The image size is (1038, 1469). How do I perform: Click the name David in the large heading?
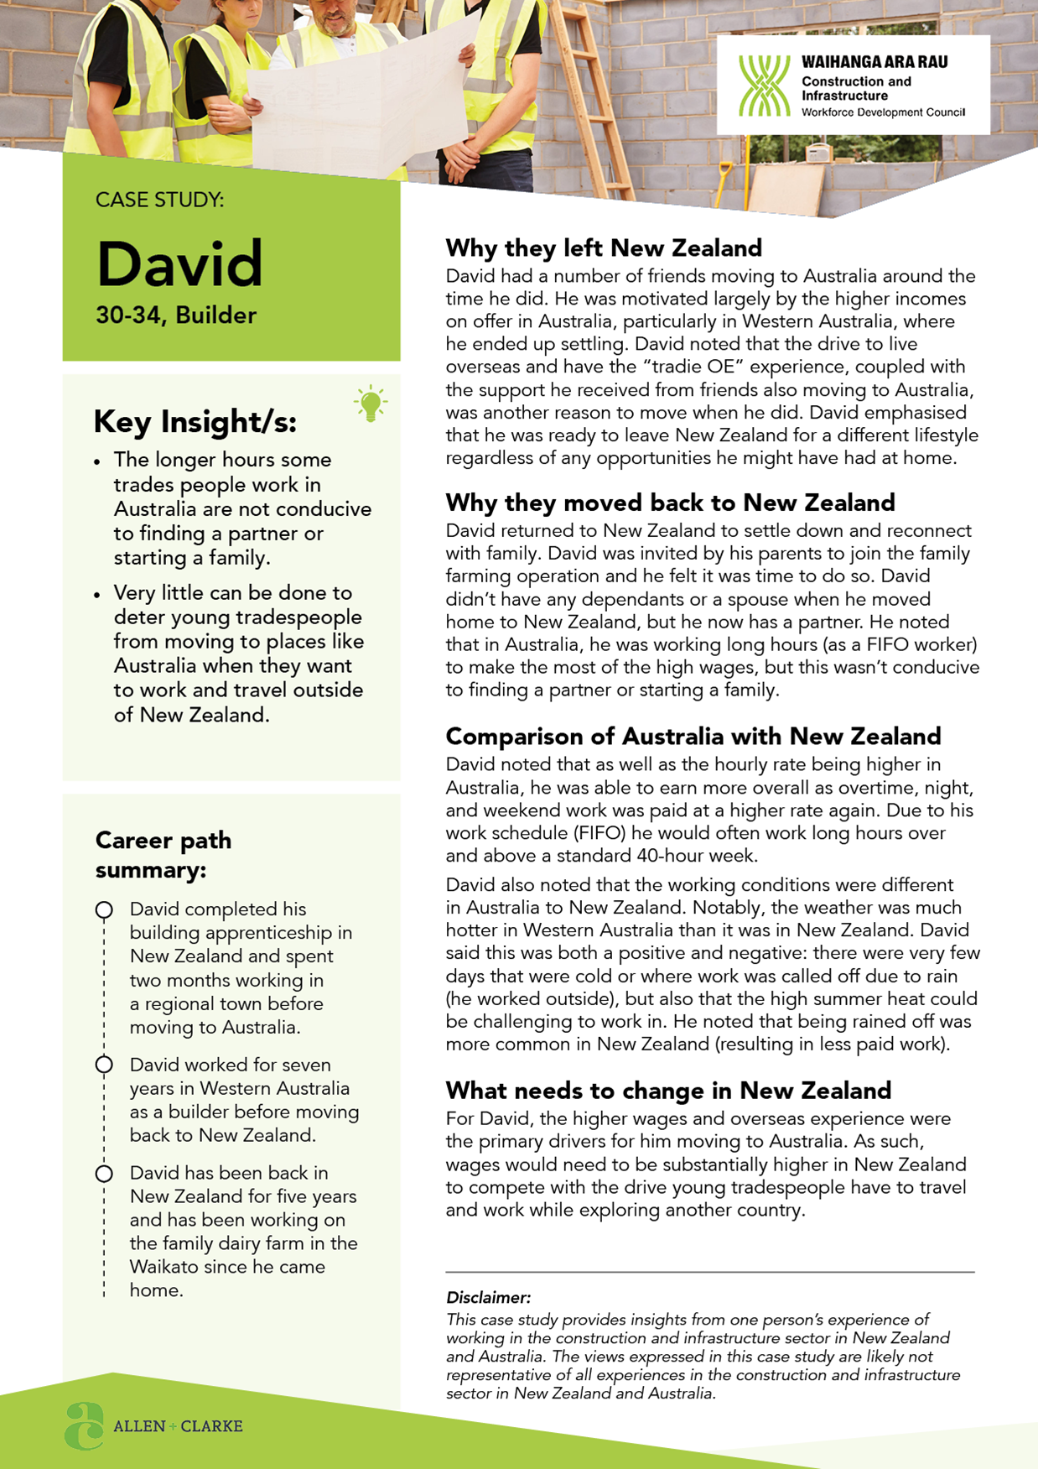pos(179,263)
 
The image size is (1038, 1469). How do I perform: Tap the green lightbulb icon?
pos(370,404)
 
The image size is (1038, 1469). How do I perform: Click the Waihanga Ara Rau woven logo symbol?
pos(764,86)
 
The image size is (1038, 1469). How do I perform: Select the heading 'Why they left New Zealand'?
pos(604,248)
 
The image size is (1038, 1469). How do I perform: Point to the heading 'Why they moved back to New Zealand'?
pos(670,503)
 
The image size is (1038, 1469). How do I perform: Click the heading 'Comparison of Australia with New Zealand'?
pos(693,736)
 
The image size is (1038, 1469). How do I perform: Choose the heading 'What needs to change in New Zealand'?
pos(668,1090)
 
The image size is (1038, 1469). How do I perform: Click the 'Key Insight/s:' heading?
pos(195,422)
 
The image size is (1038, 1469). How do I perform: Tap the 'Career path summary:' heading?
pos(163,854)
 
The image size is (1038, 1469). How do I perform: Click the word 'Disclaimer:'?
pos(488,1297)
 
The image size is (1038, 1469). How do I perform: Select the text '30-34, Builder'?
pos(176,315)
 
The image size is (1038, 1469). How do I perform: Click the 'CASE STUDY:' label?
pos(159,200)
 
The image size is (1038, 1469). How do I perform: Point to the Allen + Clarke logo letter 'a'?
pos(84,1425)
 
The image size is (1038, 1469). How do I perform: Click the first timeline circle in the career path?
pos(104,910)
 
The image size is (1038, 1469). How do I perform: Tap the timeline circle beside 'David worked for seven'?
pos(104,1065)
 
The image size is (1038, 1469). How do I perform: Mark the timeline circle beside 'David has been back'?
pos(104,1174)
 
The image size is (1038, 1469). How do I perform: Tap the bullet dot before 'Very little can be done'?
pos(97,595)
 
